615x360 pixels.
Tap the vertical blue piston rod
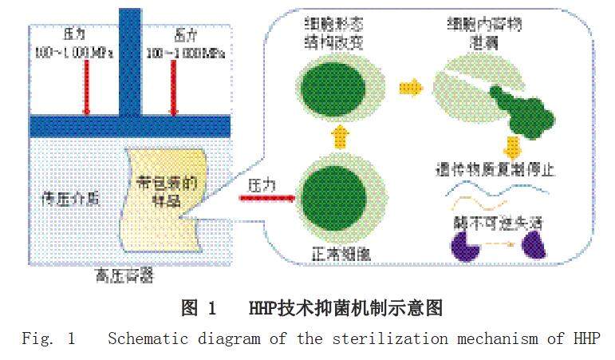tap(129, 60)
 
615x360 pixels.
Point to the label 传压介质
tap(69, 194)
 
